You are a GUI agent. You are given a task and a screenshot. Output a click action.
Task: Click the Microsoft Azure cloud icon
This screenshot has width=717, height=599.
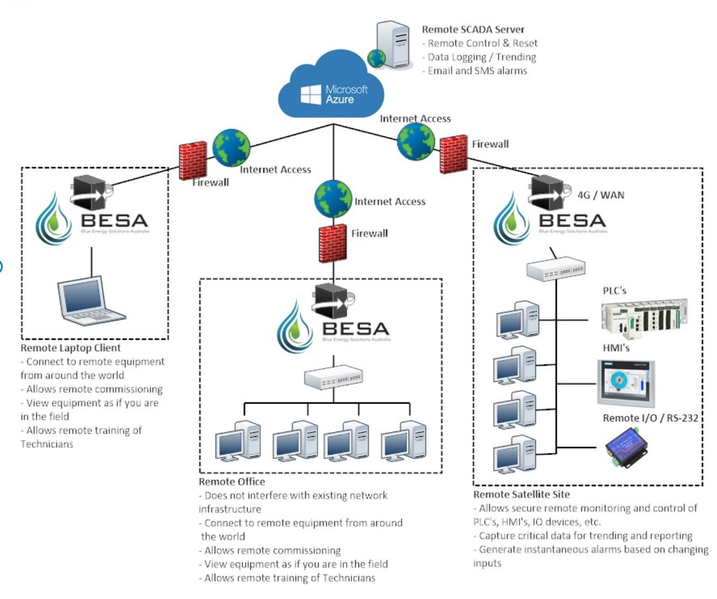(331, 86)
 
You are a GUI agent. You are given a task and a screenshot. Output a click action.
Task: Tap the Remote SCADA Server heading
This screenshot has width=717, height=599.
(473, 30)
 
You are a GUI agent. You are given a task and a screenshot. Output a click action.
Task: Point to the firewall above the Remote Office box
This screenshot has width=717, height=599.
(333, 243)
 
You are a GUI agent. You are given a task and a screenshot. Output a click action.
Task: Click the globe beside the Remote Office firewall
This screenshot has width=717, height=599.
(333, 198)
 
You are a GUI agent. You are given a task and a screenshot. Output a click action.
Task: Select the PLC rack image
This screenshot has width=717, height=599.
(643, 319)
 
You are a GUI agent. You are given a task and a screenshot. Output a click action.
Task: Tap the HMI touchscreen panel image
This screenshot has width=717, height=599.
(626, 384)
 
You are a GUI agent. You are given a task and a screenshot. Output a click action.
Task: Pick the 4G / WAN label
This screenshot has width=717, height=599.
(601, 195)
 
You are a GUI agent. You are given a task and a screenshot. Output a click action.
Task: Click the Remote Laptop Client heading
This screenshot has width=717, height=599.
(71, 348)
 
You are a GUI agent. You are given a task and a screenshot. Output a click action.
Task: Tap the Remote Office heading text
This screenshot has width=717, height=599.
(231, 482)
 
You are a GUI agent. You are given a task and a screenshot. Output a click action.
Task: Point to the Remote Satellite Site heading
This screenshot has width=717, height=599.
(521, 494)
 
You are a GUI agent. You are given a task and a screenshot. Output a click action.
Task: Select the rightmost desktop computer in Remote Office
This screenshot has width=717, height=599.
(404, 441)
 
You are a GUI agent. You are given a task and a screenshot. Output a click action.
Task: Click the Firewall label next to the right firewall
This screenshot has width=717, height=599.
(490, 144)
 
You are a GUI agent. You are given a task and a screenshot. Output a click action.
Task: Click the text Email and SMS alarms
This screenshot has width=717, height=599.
(477, 71)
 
